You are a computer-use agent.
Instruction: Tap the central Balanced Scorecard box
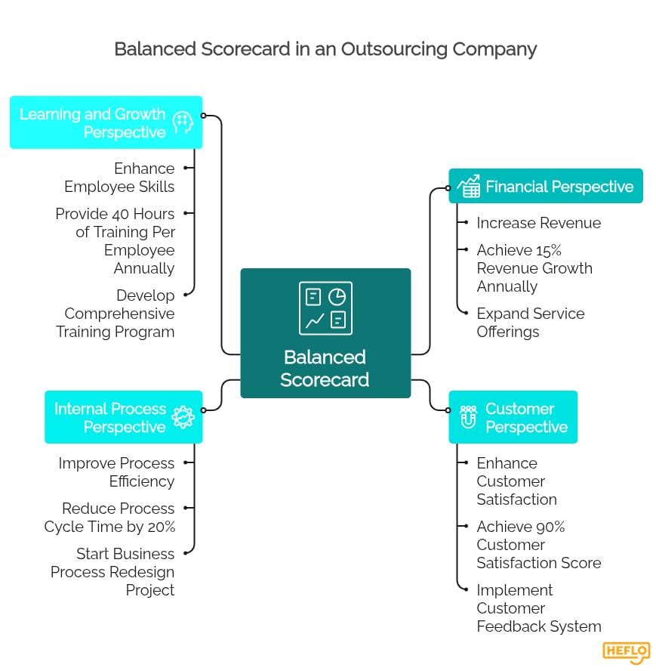click(325, 332)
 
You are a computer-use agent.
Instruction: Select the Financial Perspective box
click(545, 186)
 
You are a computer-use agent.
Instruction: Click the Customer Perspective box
click(513, 417)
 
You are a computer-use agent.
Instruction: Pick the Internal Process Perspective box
click(124, 417)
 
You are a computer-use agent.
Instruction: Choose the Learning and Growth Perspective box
click(106, 122)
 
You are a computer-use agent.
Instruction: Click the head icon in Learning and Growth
click(183, 122)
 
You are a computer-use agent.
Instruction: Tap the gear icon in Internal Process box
click(183, 417)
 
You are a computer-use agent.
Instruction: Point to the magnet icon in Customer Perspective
click(468, 417)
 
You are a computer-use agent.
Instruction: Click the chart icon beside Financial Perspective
click(469, 186)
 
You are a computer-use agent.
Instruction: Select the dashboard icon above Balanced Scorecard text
click(325, 308)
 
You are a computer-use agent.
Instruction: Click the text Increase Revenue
click(538, 223)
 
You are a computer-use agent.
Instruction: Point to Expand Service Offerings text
click(530, 323)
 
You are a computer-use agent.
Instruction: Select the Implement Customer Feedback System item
click(538, 608)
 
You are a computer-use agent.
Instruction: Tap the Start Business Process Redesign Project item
click(113, 572)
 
